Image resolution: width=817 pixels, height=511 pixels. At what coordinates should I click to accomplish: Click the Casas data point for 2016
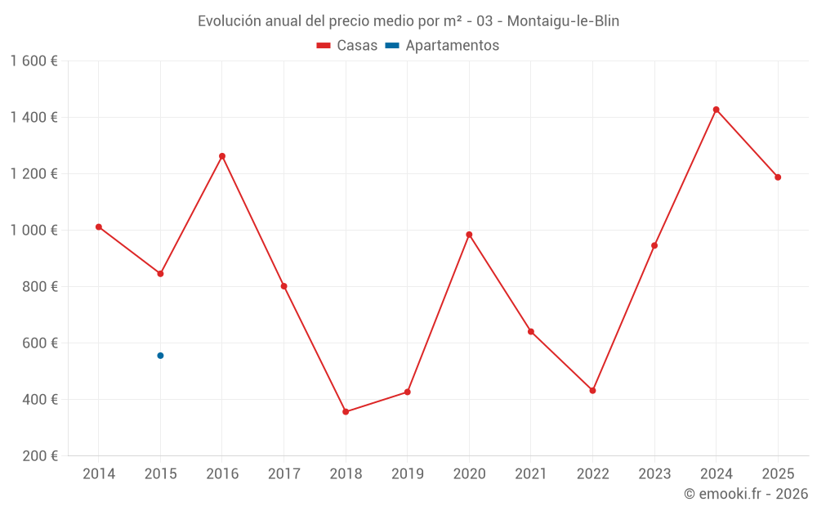coord(222,156)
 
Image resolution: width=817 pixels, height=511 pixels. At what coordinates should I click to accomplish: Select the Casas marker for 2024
coord(717,110)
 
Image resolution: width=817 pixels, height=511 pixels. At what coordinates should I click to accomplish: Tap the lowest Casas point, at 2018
coord(346,412)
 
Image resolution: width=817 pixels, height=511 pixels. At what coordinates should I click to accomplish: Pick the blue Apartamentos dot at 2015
coord(160,356)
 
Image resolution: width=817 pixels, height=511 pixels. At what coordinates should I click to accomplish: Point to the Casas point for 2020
coord(469,235)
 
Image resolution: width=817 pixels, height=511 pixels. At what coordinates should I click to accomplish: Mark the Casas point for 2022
coord(592,391)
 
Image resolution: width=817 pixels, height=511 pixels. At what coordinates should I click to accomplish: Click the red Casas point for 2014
coord(99,227)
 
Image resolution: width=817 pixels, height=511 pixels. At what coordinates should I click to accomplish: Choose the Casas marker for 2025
coord(778,177)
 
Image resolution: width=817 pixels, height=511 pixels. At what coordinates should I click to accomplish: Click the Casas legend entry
coord(347,46)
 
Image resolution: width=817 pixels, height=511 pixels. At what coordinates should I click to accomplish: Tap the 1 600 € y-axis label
coord(34,61)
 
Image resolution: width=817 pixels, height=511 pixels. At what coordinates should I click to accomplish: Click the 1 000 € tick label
coord(34,231)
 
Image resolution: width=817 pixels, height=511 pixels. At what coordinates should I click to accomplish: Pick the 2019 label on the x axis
coord(408,474)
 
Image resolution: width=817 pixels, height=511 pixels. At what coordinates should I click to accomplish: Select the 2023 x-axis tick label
coord(654,474)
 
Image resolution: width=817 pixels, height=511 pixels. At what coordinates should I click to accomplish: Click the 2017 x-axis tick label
coord(283,474)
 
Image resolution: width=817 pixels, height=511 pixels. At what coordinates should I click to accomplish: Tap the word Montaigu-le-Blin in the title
coord(563,21)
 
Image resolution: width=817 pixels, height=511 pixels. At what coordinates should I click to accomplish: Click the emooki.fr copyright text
coord(746,494)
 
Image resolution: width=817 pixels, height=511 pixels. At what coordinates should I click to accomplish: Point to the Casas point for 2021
coord(531,332)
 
